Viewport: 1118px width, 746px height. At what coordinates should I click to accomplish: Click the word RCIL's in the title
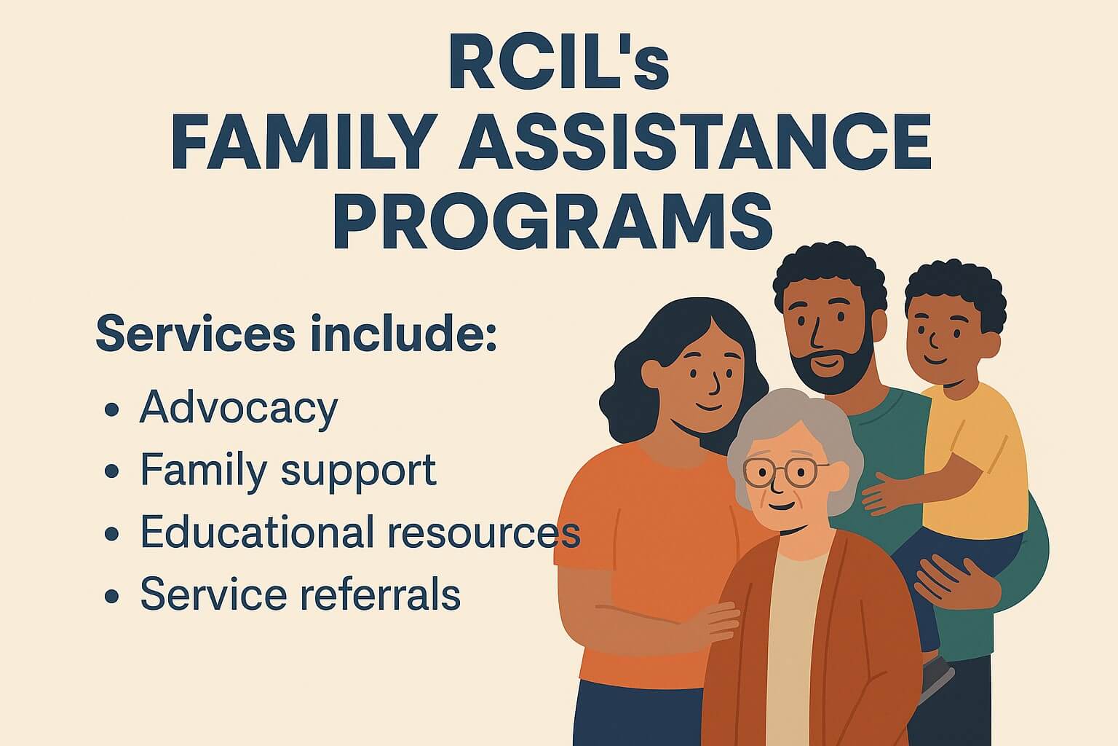(x=558, y=64)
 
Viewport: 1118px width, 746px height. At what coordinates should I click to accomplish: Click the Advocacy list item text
(x=239, y=408)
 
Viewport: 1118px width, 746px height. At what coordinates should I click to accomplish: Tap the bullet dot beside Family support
(x=111, y=471)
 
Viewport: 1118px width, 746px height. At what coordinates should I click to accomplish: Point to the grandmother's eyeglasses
(x=786, y=473)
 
